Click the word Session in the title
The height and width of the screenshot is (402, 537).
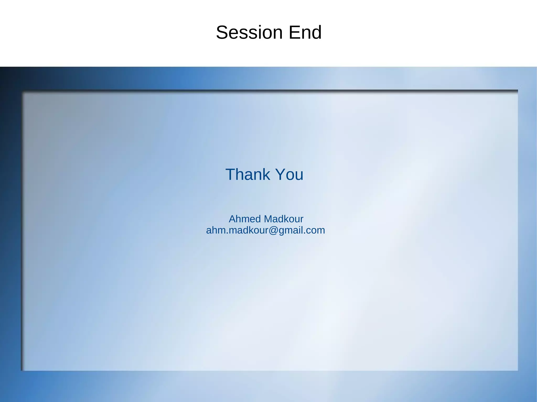click(x=249, y=32)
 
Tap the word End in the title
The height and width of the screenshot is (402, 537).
click(x=305, y=32)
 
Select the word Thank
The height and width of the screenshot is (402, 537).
click(x=248, y=174)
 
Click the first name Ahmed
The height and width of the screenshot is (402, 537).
click(x=245, y=219)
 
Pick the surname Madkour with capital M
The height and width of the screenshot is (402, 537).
click(x=283, y=219)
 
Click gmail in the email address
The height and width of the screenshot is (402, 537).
click(x=290, y=230)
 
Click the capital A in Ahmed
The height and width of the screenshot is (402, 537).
click(x=232, y=219)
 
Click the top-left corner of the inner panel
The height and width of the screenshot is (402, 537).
click(x=22, y=91)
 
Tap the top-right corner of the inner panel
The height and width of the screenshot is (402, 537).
click(x=518, y=91)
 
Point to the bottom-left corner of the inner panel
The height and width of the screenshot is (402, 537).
click(x=22, y=370)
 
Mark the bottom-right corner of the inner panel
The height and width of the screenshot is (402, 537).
click(x=518, y=370)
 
